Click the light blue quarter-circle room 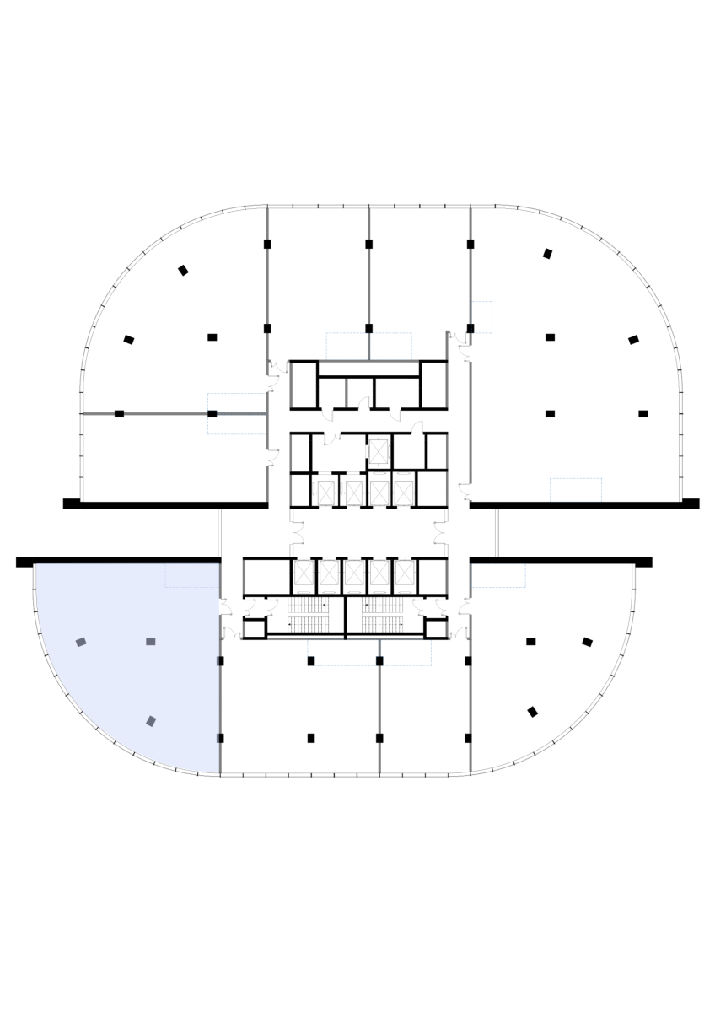(110, 675)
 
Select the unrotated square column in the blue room (151, 642)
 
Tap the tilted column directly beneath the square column (151, 721)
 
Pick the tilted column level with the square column (81, 642)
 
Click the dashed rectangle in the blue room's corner (191, 575)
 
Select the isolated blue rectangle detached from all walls (576, 490)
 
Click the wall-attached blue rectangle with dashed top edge (498, 575)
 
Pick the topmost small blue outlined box (481, 317)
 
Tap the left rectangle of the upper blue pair (347, 347)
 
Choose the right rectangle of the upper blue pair (391, 347)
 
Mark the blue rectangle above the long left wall (237, 403)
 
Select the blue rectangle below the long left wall (237, 424)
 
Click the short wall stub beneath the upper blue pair (346, 393)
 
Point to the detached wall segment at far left (99, 413)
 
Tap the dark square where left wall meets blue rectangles (212, 413)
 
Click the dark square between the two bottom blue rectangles (379, 661)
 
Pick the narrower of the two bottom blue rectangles (406, 653)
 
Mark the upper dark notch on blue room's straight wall (220, 661)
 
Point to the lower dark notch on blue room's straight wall (220, 738)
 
